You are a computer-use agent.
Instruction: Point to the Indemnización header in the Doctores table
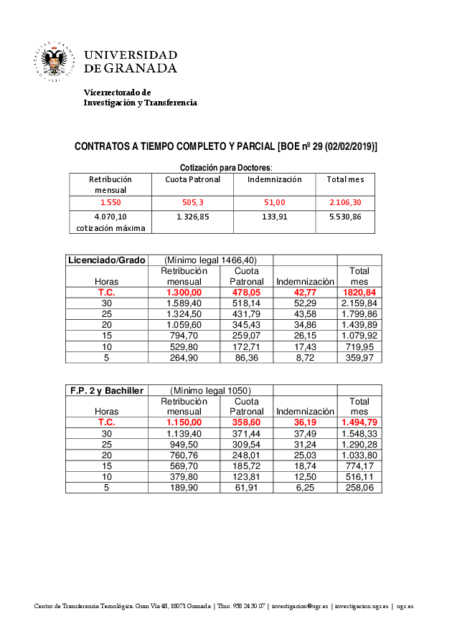274,179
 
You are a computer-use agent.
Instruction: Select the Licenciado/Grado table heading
106,260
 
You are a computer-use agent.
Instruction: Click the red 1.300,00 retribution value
184,293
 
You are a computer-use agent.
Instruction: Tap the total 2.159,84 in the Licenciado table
359,303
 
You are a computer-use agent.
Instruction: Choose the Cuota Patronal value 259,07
246,336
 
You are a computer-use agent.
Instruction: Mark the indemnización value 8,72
305,357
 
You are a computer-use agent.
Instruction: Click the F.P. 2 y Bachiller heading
106,390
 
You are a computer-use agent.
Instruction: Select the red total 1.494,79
359,422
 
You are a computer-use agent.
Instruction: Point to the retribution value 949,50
184,444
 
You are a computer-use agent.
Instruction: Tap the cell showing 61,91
246,488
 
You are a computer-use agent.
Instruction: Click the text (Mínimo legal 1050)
210,390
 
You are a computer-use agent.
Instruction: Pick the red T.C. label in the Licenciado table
106,293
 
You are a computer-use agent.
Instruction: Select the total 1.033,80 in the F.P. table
359,455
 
